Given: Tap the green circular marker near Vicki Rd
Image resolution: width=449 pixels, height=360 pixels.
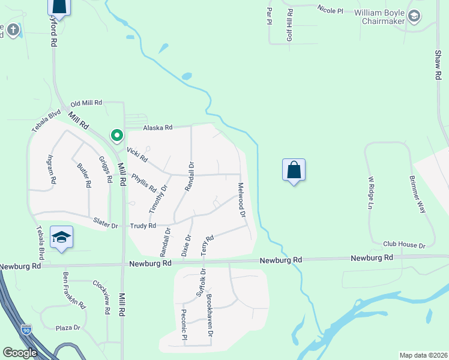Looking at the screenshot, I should (x=116, y=136).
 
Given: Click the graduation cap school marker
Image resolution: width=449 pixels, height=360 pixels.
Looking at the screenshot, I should (x=62, y=238).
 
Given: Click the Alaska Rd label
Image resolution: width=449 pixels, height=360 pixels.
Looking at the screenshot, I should (x=157, y=127).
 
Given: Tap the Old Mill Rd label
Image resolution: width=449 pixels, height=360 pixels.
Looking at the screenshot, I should (x=86, y=103).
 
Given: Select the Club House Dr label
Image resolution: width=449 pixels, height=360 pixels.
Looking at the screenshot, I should (x=404, y=245).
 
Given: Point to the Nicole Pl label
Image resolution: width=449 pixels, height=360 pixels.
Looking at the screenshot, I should (x=331, y=10).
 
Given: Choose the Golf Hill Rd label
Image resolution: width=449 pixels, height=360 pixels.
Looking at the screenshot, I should (x=290, y=25).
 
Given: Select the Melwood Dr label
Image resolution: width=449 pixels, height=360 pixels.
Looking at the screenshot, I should (x=242, y=200).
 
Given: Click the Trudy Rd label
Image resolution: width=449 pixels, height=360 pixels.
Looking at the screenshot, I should (x=143, y=226).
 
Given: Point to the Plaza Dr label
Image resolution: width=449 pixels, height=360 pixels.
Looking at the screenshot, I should (x=68, y=328).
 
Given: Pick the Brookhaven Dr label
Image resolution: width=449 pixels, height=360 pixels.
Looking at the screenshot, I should (x=209, y=314).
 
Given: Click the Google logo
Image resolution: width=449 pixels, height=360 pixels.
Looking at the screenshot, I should (x=20, y=353).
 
